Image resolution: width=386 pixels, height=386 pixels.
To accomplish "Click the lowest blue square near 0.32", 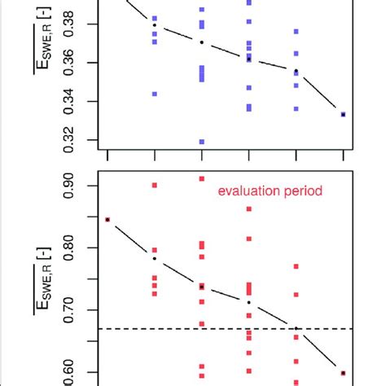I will point(202,142).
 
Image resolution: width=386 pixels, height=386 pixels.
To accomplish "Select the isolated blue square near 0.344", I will point(155,94).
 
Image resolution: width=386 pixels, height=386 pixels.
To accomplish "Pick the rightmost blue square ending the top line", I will point(344,115).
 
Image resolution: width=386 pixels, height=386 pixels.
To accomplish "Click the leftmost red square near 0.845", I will point(107,219).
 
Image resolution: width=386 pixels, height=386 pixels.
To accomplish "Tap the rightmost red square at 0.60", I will point(344,373).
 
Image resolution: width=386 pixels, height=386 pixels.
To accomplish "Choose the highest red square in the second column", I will point(155,185).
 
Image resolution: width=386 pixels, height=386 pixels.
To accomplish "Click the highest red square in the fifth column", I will point(296,266).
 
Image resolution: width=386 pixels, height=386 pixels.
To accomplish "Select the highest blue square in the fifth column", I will point(296,32).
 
